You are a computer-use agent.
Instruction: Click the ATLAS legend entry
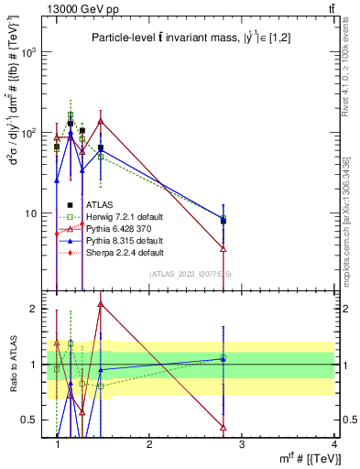coord(100,204)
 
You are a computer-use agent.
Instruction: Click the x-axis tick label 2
coord(149,444)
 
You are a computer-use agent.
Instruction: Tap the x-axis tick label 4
coord(333,444)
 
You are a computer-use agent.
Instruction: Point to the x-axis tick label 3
coord(242,444)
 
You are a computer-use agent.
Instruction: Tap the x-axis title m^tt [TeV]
coord(311,458)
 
